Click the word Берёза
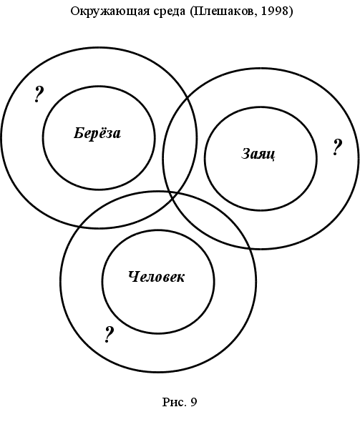click(97, 133)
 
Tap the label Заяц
click(258, 154)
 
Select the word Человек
click(157, 277)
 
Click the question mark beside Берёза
click(39, 94)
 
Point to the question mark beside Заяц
click(337, 147)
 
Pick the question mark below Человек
click(109, 335)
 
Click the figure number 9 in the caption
click(194, 402)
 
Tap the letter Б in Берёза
click(78, 133)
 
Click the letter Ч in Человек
click(133, 277)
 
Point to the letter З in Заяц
click(245, 153)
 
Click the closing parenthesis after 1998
click(291, 11)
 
